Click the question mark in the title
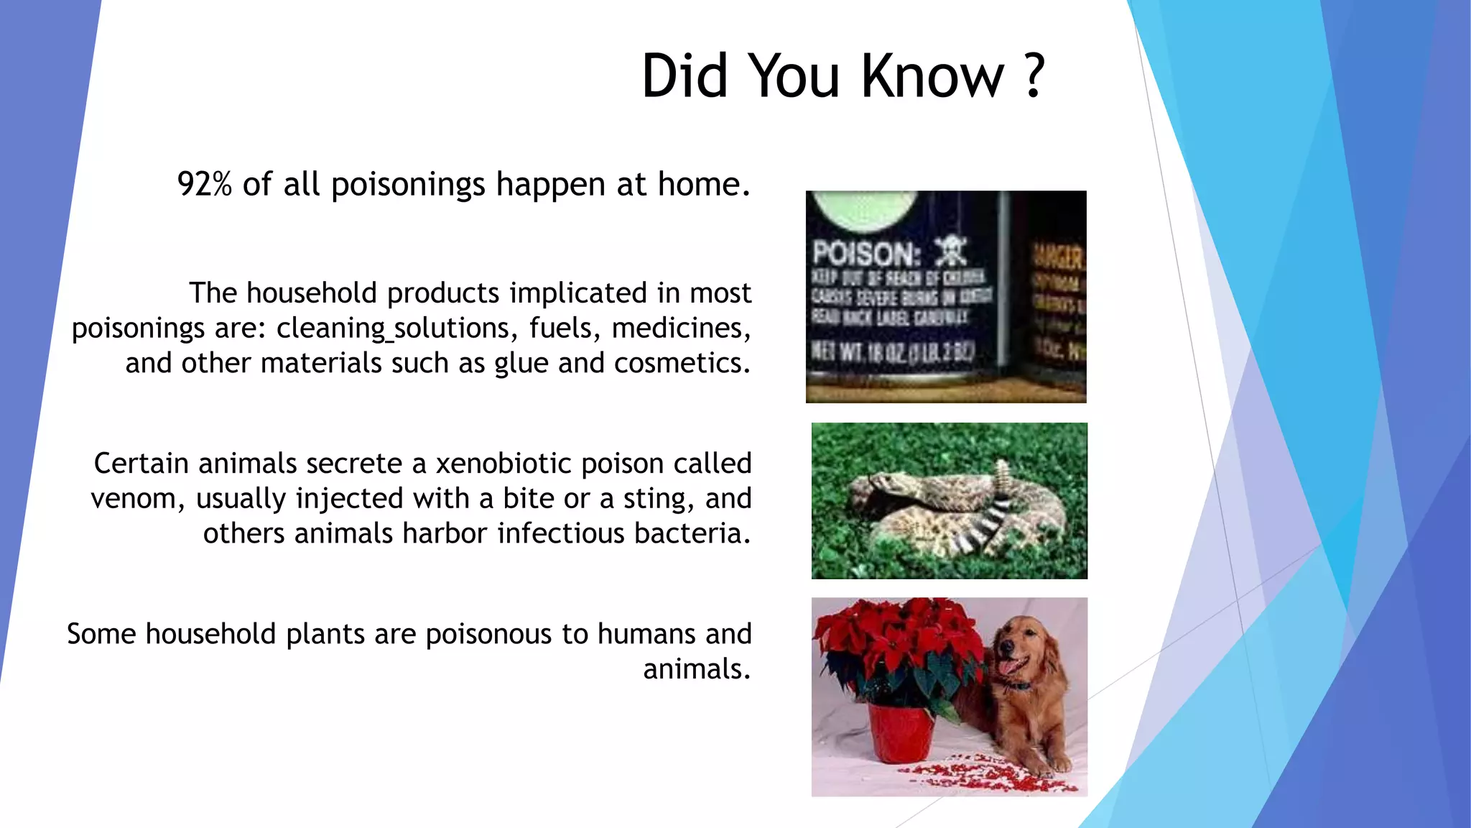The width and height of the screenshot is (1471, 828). (x=1033, y=75)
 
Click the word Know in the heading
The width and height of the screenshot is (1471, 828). (x=932, y=75)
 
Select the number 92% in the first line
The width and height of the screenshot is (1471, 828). (x=204, y=185)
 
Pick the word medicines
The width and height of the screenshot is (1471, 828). (x=680, y=328)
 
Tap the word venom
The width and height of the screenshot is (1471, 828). (x=134, y=499)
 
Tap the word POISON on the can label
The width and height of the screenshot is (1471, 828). (x=866, y=254)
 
